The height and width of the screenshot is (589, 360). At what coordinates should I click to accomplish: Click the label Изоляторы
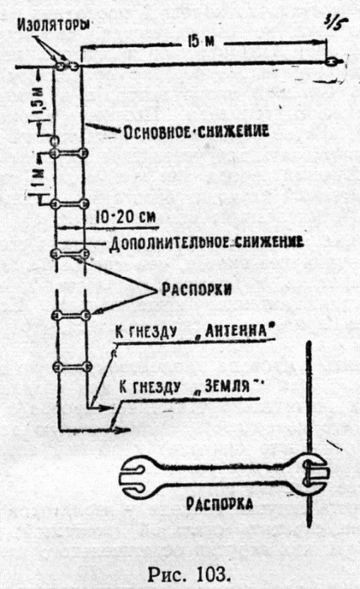pos(55,24)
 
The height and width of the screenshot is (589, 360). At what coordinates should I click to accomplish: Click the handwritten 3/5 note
pos(336,24)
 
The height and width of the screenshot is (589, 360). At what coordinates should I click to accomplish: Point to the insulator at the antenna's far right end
pos(332,61)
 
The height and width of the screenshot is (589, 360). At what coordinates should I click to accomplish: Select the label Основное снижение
pos(196,132)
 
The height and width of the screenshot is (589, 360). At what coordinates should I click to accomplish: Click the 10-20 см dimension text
pos(125,217)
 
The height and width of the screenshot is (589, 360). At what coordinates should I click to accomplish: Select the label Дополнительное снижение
pos(206,243)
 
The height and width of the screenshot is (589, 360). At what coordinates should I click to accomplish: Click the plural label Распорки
pos(196,289)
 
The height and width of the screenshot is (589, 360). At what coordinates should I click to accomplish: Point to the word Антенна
pos(238,331)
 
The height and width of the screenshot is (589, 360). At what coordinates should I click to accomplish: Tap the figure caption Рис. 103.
pos(188,574)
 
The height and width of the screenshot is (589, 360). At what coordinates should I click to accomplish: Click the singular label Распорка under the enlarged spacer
pos(220,504)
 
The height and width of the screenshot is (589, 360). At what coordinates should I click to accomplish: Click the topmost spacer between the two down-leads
pos(70,153)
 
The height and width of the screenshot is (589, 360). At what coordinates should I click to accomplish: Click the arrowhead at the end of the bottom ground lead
pos(123,430)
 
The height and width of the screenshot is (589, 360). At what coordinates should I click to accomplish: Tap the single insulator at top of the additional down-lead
pos(55,141)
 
